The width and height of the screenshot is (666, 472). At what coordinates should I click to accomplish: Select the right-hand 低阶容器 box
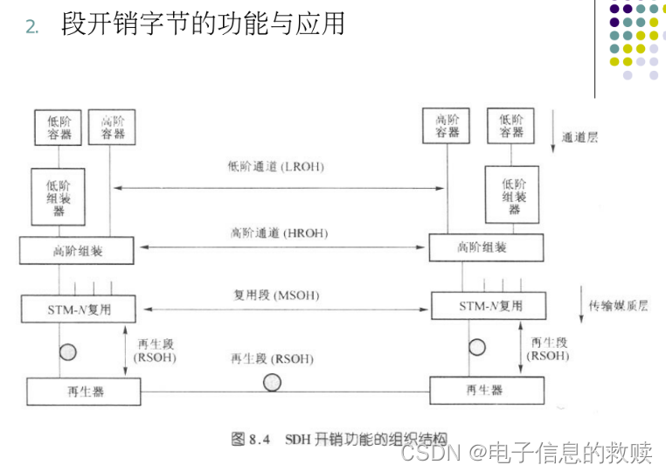click(510, 127)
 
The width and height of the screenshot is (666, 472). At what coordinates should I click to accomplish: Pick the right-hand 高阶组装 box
click(482, 248)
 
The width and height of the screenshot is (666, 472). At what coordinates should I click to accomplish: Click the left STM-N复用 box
click(78, 309)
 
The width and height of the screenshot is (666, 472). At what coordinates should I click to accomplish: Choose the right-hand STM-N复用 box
click(490, 306)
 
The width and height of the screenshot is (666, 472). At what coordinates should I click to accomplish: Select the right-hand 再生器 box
click(485, 390)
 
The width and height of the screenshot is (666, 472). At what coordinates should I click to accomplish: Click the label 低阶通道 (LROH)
click(275, 164)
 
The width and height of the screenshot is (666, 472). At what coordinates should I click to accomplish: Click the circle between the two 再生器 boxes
click(272, 382)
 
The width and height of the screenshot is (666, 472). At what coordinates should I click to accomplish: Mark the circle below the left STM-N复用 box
click(67, 352)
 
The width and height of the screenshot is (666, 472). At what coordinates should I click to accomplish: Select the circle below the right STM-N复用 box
click(477, 346)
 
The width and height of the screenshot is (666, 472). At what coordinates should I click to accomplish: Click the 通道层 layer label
click(580, 137)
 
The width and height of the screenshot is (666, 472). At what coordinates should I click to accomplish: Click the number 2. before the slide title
click(32, 27)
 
